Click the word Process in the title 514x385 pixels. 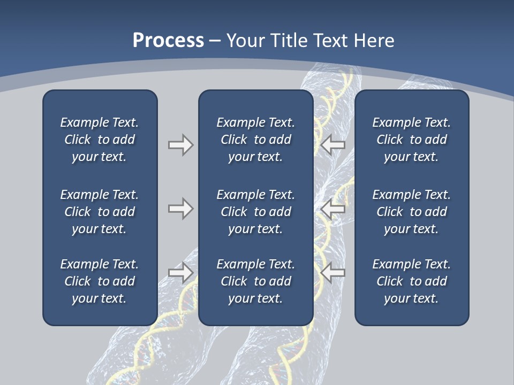pyautogui.click(x=168, y=41)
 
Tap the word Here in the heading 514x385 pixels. pyautogui.click(x=373, y=41)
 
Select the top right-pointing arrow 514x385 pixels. pyautogui.click(x=181, y=145)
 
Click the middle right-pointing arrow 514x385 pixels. pyautogui.click(x=181, y=209)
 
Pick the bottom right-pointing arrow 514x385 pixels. pyautogui.click(x=181, y=273)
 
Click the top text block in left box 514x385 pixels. pyautogui.click(x=100, y=140)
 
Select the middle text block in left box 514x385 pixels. pyautogui.click(x=100, y=212)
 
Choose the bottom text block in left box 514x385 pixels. pyautogui.click(x=100, y=281)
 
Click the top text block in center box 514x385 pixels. pyautogui.click(x=255, y=140)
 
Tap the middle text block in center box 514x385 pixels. pyautogui.click(x=255, y=212)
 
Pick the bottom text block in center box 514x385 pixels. pyautogui.click(x=255, y=281)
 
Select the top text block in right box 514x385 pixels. pyautogui.click(x=412, y=140)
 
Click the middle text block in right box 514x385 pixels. pyautogui.click(x=412, y=212)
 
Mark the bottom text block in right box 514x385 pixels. pyautogui.click(x=412, y=281)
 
